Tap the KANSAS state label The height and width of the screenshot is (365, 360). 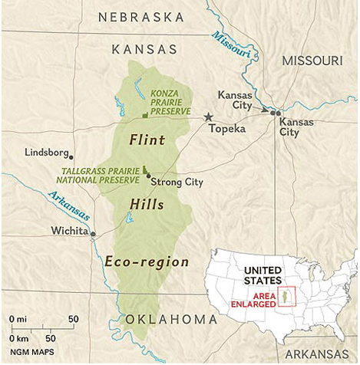coord(144,49)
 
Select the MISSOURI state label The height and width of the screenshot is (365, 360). coord(312,60)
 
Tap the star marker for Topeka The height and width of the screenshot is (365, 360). coord(207,117)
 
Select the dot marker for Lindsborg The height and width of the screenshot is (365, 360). coord(75,153)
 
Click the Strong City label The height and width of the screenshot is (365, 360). coord(177,182)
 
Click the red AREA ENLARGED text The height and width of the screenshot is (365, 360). coord(251,299)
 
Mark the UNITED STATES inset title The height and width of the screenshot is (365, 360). coord(263,275)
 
